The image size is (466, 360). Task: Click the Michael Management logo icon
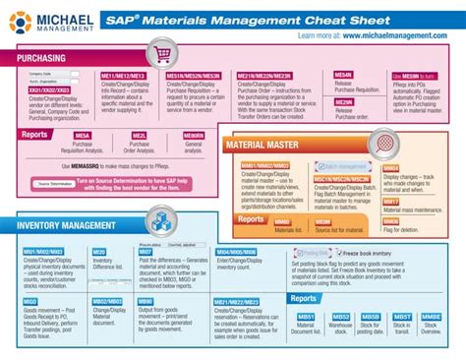click(x=19, y=22)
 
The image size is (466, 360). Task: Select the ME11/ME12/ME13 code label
click(x=124, y=75)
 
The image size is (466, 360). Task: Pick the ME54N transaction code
click(x=343, y=75)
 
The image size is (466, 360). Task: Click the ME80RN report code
click(x=194, y=135)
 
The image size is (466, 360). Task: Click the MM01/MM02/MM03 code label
click(x=267, y=166)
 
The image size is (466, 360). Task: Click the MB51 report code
click(x=306, y=317)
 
